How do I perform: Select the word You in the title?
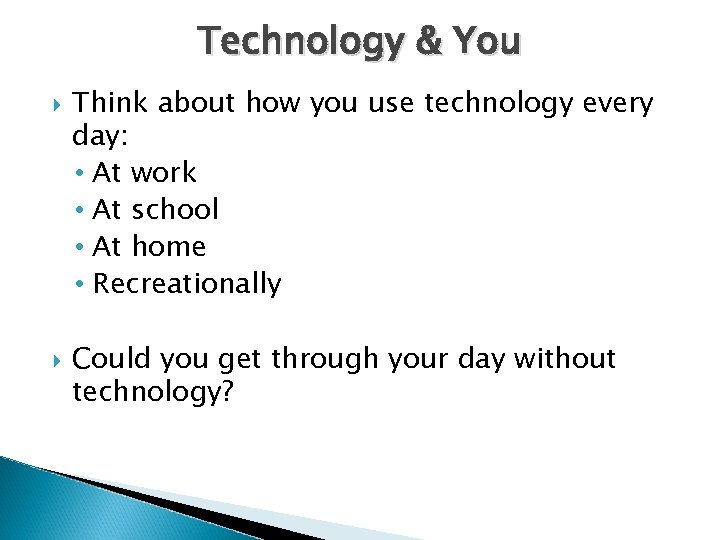486,41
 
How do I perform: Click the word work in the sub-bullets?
164,173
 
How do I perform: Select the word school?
175,209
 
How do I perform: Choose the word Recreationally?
187,284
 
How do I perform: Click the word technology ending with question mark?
152,392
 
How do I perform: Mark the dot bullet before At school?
79,210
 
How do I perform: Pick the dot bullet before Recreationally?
79,285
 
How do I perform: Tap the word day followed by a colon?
100,135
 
